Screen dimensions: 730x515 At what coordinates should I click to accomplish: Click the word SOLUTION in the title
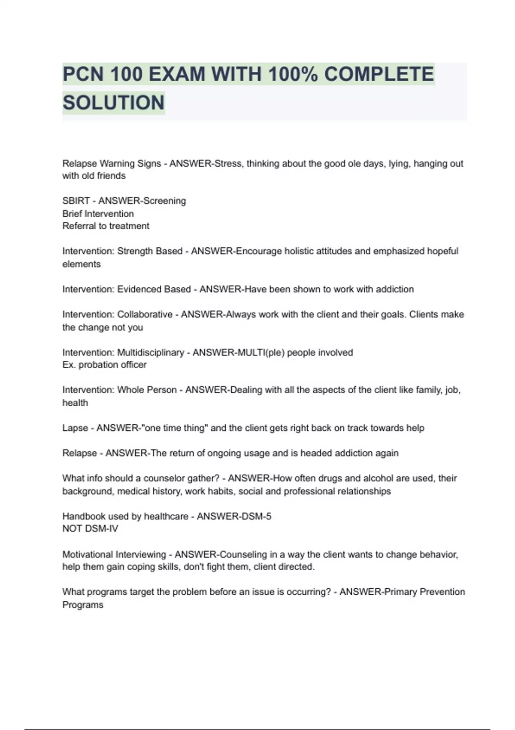click(113, 103)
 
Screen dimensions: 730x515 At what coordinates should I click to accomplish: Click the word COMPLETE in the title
click(379, 74)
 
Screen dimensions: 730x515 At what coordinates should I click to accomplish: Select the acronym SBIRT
click(76, 201)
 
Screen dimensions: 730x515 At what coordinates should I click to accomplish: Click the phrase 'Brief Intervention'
click(98, 214)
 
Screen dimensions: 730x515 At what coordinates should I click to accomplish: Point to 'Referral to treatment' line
click(106, 226)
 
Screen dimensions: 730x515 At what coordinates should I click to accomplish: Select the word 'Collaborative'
click(145, 314)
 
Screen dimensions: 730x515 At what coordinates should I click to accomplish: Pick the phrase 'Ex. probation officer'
click(104, 365)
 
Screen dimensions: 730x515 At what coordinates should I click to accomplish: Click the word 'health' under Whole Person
click(75, 403)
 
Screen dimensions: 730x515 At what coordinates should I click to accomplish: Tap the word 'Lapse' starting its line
click(75, 428)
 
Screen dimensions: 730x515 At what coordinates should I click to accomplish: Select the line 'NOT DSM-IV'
click(90, 529)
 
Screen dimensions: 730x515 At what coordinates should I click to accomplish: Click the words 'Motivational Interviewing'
click(114, 554)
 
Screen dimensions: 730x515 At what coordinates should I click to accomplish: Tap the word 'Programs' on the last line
click(83, 605)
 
